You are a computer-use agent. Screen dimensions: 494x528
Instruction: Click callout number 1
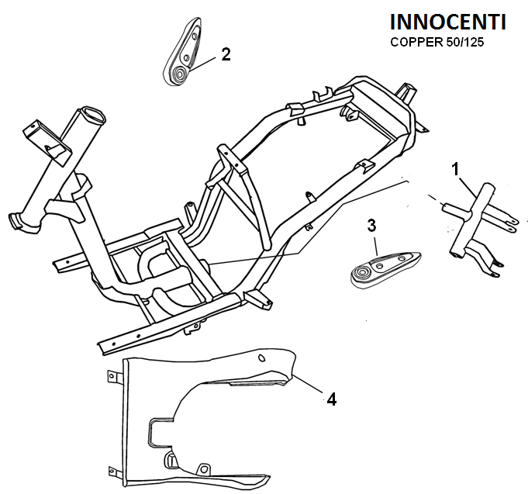pyautogui.click(x=456, y=168)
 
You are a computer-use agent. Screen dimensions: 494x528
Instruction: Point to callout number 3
pyautogui.click(x=371, y=225)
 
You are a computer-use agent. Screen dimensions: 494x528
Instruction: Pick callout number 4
pyautogui.click(x=331, y=399)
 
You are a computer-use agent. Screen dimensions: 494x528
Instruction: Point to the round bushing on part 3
pyautogui.click(x=361, y=275)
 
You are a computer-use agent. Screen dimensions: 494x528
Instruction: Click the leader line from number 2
pyautogui.click(x=205, y=62)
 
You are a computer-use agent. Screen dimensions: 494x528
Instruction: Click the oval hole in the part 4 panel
pyautogui.click(x=261, y=358)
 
